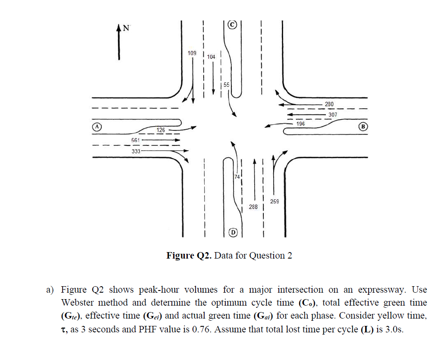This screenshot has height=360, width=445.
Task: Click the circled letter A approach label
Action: [x=98, y=127]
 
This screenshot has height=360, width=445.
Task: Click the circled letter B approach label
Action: [x=363, y=127]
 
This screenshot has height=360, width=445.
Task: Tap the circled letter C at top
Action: [x=232, y=25]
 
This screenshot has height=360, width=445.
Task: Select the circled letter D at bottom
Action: [x=233, y=232]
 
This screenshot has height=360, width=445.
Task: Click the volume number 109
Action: [x=192, y=53]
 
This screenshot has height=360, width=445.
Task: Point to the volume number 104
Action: [x=211, y=57]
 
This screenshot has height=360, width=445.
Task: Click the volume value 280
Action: [x=329, y=104]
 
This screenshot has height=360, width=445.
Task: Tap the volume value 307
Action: [x=333, y=114]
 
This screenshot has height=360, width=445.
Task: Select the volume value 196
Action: [x=301, y=124]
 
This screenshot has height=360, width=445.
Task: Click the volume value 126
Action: [x=161, y=129]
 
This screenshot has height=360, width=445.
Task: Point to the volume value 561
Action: [x=136, y=141]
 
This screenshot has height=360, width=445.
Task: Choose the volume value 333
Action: [x=136, y=151]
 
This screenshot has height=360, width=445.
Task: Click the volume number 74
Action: [x=237, y=177]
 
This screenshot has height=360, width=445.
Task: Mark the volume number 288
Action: [x=253, y=207]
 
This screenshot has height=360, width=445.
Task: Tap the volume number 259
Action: [x=274, y=201]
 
